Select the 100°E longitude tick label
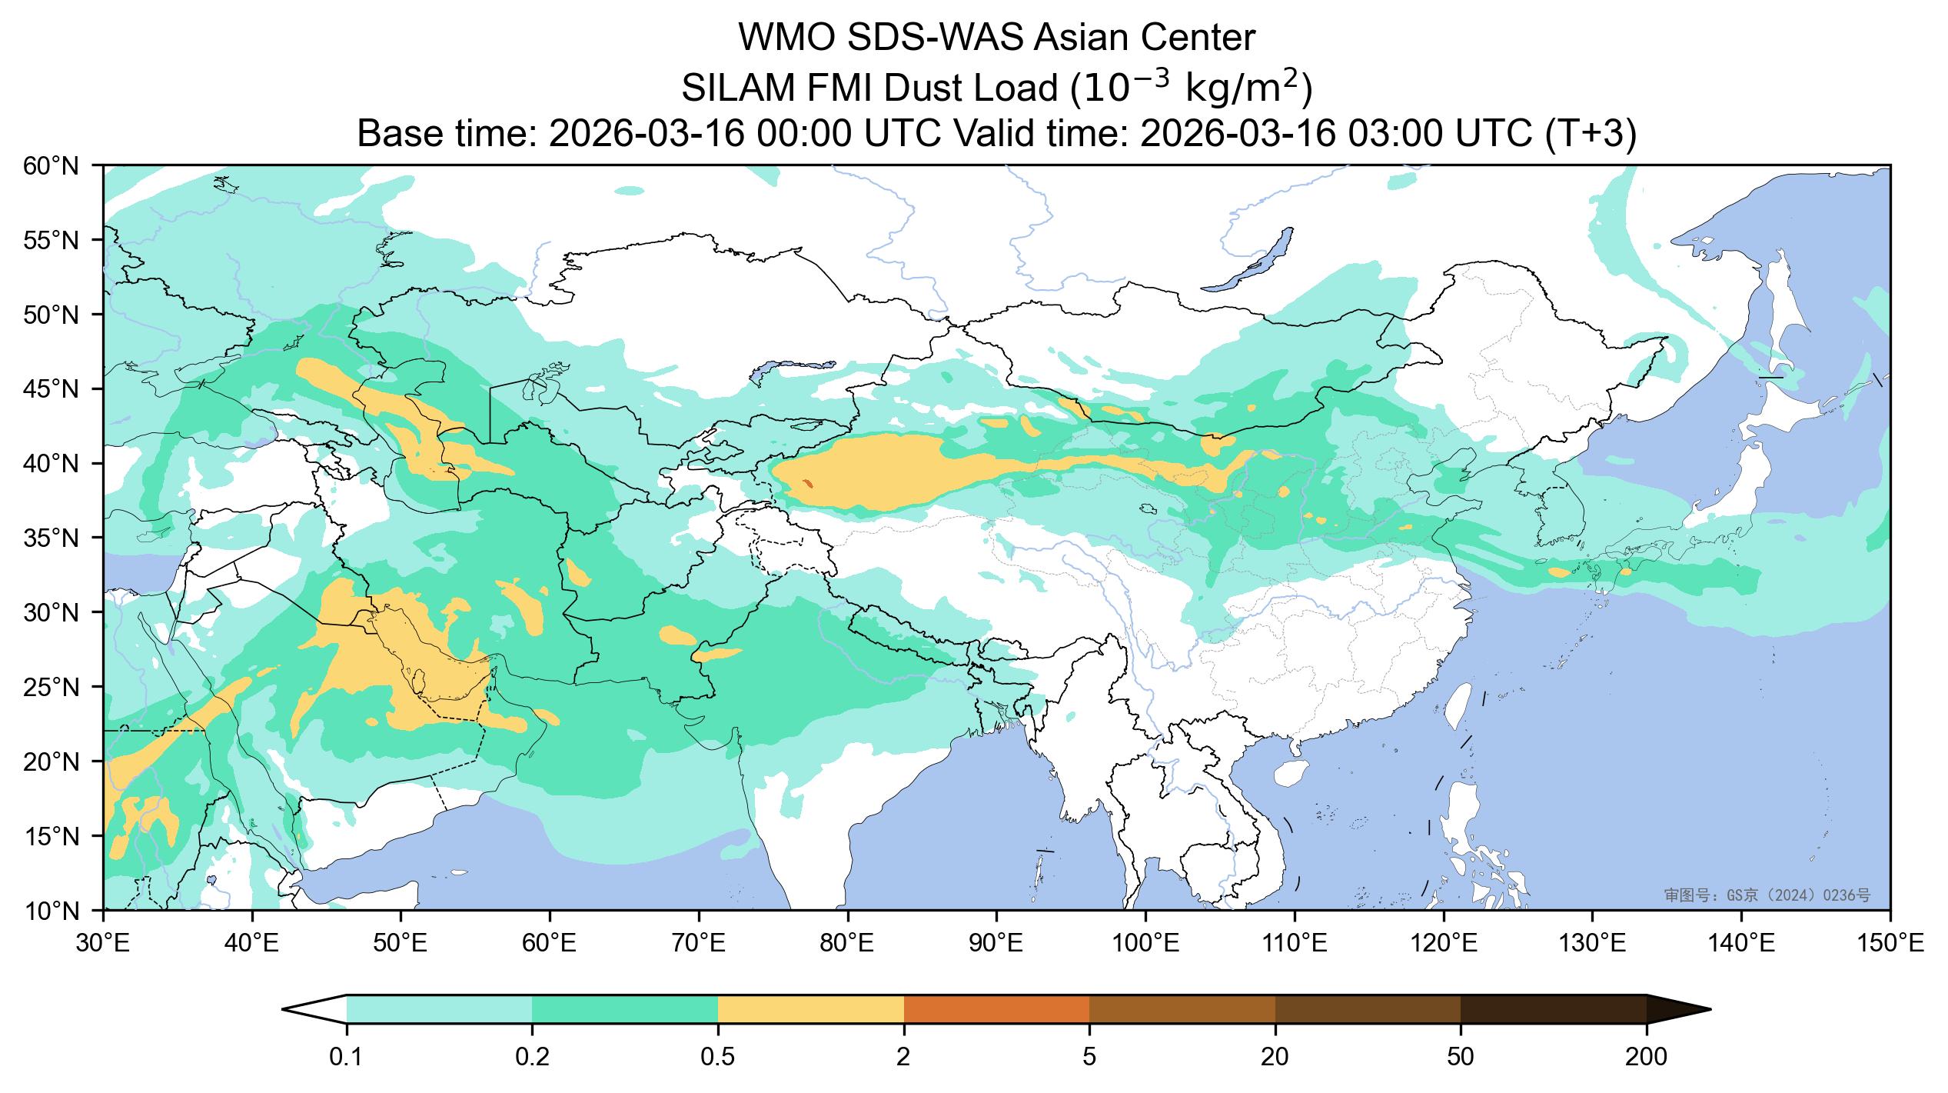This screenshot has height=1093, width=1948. [1145, 943]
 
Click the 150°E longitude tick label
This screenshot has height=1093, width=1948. [1890, 943]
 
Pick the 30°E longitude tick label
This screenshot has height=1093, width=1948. [103, 943]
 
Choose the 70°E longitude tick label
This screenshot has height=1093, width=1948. [699, 943]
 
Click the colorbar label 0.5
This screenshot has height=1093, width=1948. [718, 1058]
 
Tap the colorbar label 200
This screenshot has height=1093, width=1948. [1646, 1058]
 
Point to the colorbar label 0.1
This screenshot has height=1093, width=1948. [347, 1058]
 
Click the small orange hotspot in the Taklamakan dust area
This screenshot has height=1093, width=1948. [807, 483]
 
